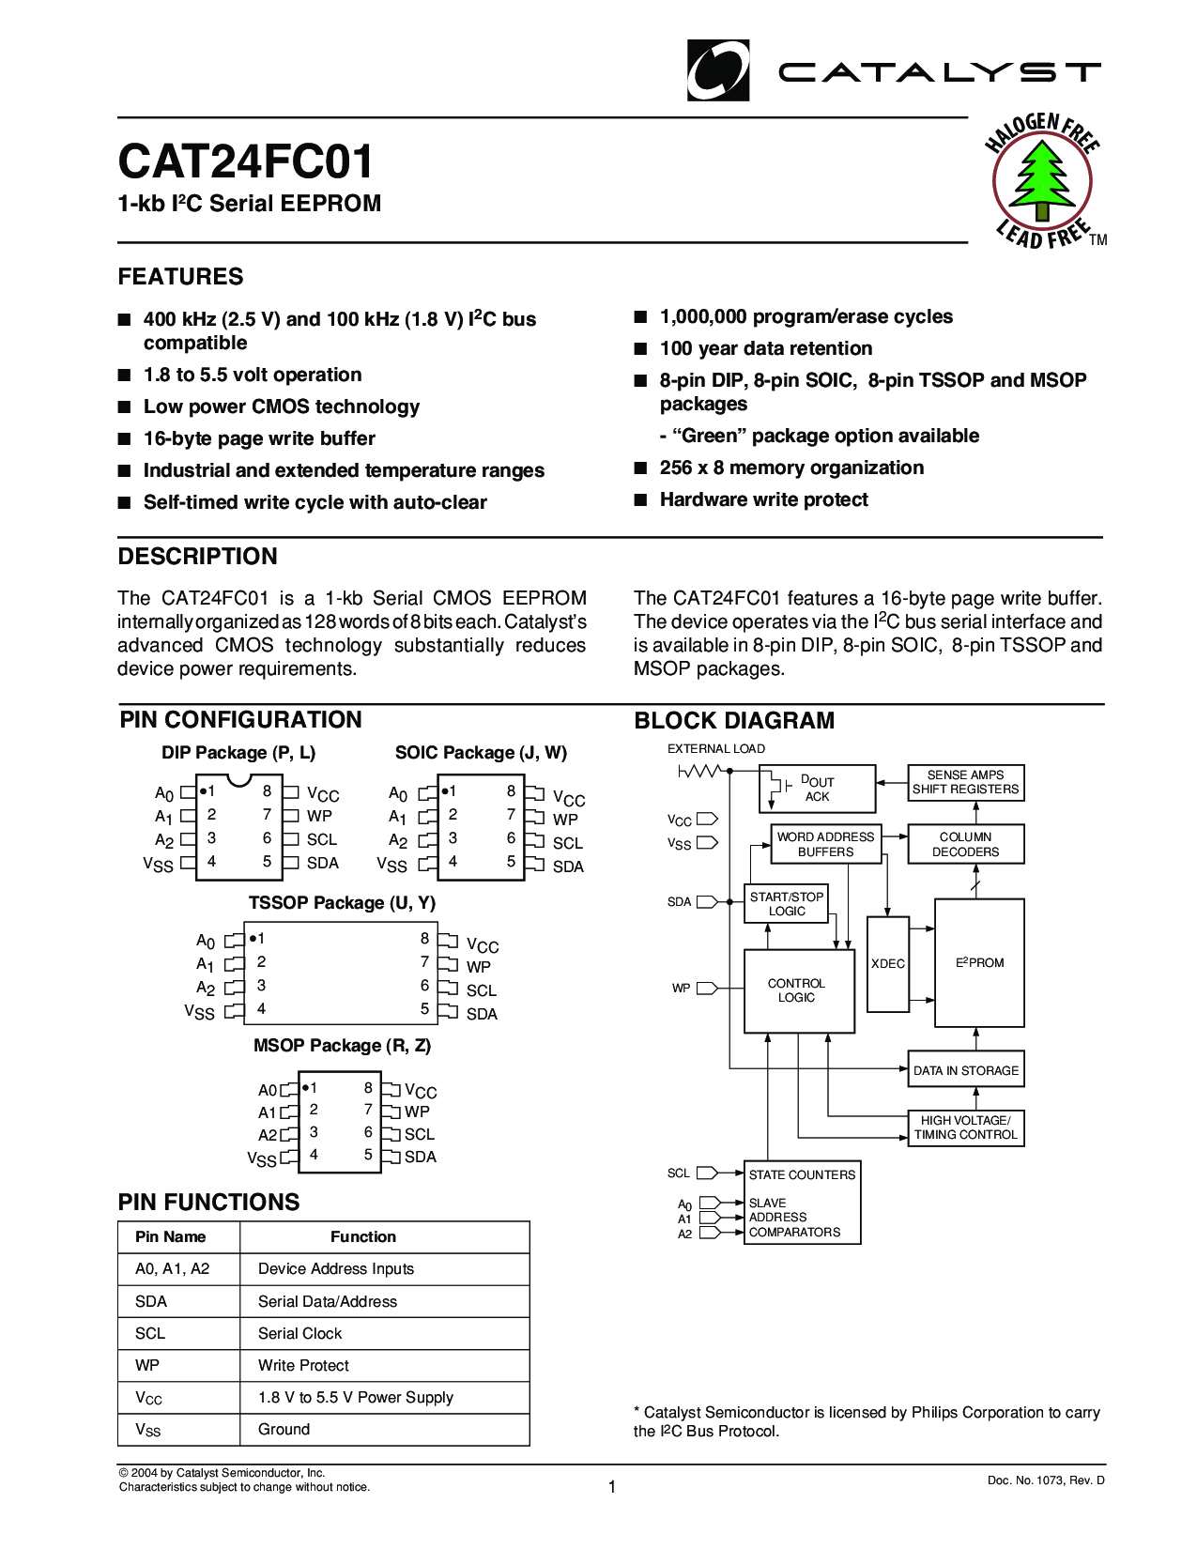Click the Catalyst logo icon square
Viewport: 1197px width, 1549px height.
click(718, 70)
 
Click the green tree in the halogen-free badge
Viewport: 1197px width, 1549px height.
click(1041, 178)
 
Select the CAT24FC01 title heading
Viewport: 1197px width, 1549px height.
click(246, 161)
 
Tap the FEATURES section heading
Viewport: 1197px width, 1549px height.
click(180, 277)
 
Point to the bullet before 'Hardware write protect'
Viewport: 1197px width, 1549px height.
click(641, 499)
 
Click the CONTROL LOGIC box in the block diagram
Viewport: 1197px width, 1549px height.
click(798, 990)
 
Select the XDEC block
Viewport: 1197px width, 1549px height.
click(888, 964)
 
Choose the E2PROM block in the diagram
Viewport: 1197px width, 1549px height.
click(979, 962)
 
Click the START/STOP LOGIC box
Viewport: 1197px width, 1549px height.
click(787, 904)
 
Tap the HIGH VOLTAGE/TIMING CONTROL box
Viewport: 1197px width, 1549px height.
click(966, 1127)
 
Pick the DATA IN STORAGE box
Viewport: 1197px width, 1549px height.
click(966, 1070)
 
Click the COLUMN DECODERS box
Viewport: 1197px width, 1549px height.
click(966, 844)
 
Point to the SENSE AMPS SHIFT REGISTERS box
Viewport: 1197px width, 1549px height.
click(966, 782)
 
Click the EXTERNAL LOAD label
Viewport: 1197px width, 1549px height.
click(716, 748)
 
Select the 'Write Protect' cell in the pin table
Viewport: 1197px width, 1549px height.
click(303, 1365)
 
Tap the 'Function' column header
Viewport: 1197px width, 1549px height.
click(363, 1236)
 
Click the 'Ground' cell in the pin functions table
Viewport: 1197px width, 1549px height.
click(284, 1429)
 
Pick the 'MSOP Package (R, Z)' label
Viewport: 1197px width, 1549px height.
click(342, 1045)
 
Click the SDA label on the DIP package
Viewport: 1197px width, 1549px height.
click(323, 863)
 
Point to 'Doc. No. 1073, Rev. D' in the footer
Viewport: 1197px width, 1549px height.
click(1046, 1480)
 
